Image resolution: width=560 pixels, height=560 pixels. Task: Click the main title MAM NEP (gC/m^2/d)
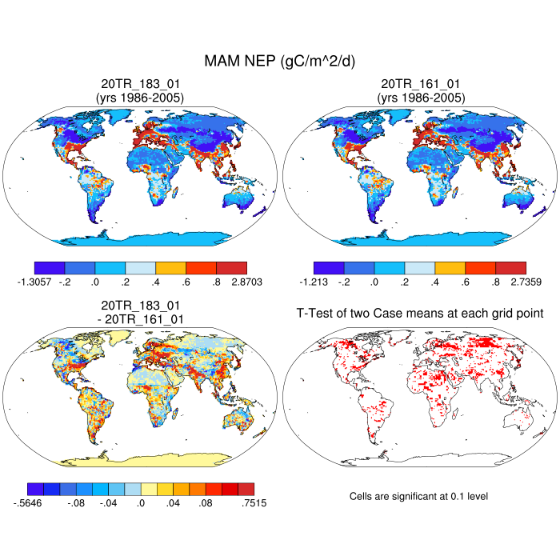[x=280, y=61]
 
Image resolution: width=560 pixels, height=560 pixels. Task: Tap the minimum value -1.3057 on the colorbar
[x=33, y=282]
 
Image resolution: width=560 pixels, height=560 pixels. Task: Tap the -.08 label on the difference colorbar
[x=76, y=503]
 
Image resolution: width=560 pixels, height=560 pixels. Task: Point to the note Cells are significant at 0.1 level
[x=419, y=497]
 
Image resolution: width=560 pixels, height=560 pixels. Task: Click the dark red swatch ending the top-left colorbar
[x=231, y=268]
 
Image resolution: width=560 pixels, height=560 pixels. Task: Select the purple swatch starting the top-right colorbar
[x=329, y=268]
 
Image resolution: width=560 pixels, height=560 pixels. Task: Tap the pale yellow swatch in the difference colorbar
[x=149, y=488]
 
